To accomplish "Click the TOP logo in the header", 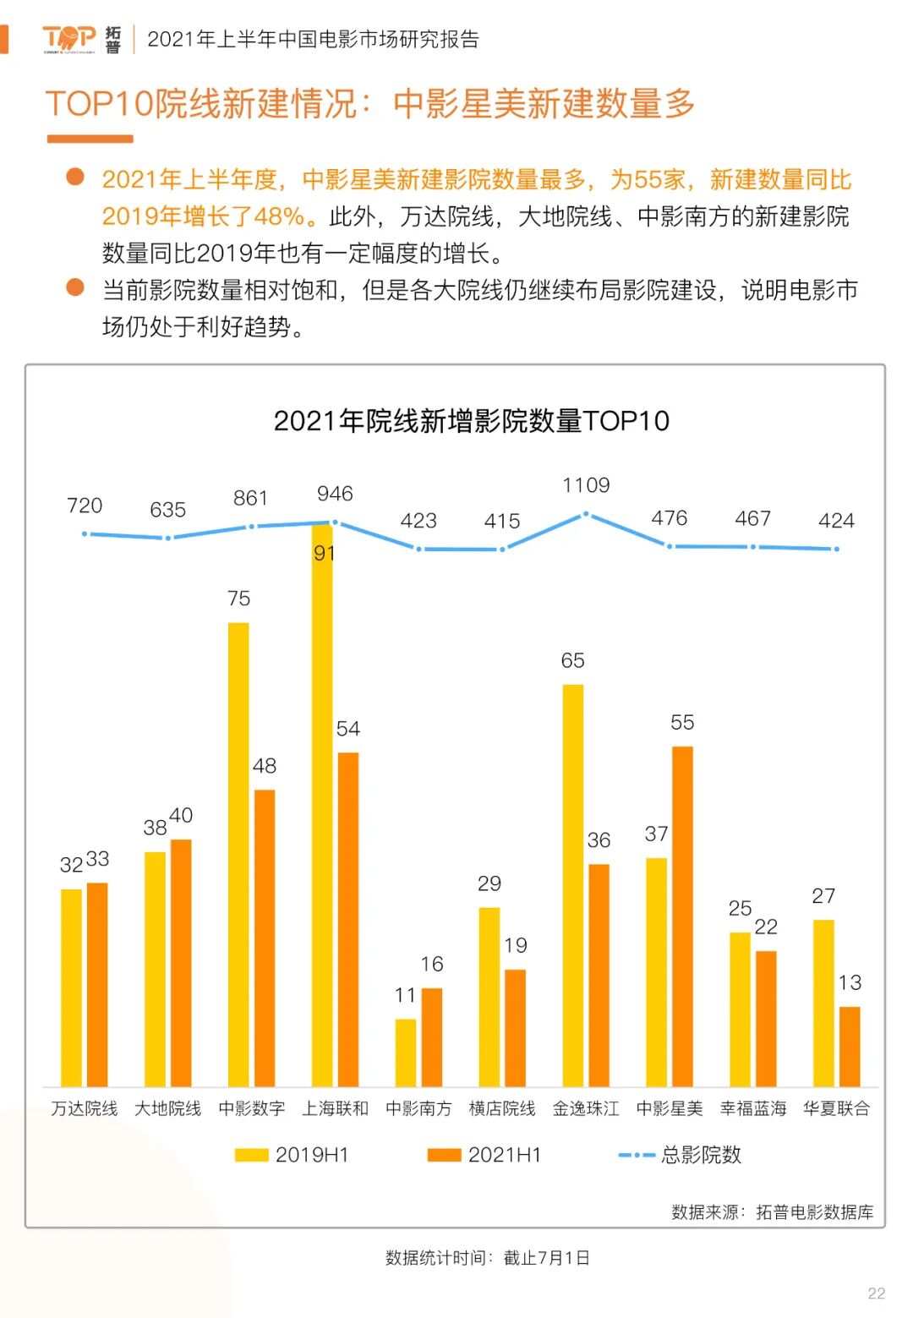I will (70, 39).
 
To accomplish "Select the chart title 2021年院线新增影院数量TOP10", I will (471, 420).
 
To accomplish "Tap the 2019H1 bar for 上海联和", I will (322, 803).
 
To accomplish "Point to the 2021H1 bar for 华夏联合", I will (850, 1046).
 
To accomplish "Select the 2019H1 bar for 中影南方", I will (406, 1053).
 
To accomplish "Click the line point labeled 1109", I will (586, 514).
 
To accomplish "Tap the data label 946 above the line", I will (335, 494).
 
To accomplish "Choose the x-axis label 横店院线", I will (502, 1108).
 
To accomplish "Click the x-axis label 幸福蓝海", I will (753, 1108).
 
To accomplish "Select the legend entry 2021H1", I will (485, 1155).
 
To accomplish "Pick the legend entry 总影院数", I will (681, 1155).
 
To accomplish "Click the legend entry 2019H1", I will (292, 1155).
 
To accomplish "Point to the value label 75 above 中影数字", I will (238, 599).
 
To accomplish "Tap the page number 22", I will (877, 1293).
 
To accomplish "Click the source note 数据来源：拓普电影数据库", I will (772, 1212).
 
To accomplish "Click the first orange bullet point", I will (75, 177).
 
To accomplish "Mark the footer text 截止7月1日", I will (546, 1258).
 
